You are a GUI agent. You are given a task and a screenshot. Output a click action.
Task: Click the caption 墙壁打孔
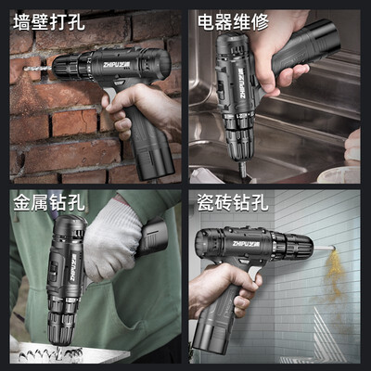[49, 21]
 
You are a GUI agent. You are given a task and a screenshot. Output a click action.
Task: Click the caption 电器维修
[234, 21]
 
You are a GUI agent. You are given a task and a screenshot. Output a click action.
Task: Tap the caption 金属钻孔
[49, 202]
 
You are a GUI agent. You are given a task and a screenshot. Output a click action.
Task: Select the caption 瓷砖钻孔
[234, 202]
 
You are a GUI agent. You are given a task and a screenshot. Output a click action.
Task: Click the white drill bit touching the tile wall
[324, 248]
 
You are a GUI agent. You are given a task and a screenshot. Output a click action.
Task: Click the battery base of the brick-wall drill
[153, 164]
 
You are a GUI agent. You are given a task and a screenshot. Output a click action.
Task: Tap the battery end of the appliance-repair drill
[322, 39]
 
